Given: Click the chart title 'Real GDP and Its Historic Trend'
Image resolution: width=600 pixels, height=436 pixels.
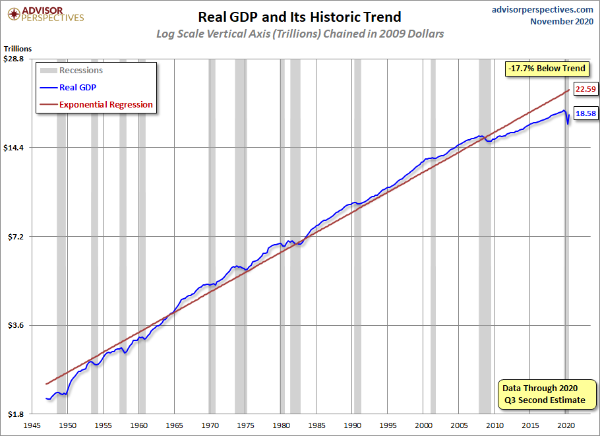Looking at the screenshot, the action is coord(299,17).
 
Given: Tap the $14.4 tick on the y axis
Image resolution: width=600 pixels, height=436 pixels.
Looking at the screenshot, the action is coord(13,148).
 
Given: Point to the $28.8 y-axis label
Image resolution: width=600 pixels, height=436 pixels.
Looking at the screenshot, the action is coord(13,59).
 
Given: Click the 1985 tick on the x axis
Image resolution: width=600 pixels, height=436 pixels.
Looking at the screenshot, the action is coord(316,425).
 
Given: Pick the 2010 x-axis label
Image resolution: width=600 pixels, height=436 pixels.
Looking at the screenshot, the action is coord(495,425).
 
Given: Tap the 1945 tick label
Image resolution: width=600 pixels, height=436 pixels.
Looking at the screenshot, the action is coord(32,425).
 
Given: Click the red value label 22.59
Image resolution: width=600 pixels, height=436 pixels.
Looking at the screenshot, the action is coord(585,89).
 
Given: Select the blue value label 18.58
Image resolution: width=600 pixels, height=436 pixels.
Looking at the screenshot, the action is coord(585,113).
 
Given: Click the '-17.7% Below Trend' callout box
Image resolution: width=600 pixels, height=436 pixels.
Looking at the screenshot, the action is coord(547,69).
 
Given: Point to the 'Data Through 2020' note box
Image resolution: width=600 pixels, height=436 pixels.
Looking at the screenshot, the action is coord(547,394).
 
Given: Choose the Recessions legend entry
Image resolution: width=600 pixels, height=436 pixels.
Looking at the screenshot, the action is coord(72,71).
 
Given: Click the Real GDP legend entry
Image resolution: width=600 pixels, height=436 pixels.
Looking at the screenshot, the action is coord(68,87).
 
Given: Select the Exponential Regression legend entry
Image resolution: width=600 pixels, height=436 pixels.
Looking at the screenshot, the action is coord(96,104).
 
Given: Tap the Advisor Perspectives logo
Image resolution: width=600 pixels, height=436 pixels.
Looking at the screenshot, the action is coord(45,14).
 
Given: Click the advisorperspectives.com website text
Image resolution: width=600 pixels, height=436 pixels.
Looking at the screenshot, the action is coord(542,10).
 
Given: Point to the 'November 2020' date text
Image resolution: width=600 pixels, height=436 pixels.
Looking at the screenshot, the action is coord(562,21).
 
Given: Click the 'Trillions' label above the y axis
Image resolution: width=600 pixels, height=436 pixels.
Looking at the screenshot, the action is coord(18,49).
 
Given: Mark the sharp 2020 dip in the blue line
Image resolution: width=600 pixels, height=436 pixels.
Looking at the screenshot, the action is coord(568,123).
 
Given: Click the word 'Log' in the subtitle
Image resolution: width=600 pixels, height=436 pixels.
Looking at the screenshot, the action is coord(165,34).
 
